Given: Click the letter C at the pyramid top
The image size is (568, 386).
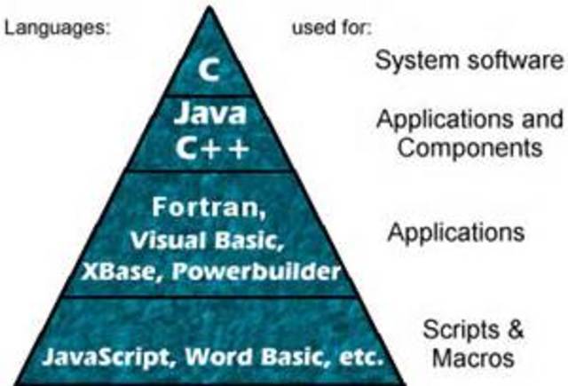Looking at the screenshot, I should pyautogui.click(x=209, y=70).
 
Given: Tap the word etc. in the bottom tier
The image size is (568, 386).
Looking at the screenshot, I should pyautogui.click(x=356, y=359).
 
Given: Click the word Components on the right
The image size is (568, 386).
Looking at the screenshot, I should pyautogui.click(x=469, y=146).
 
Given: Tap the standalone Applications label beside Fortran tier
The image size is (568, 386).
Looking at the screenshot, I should pyautogui.click(x=455, y=233).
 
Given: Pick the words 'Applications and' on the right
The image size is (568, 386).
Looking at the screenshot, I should pyautogui.click(x=469, y=118).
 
